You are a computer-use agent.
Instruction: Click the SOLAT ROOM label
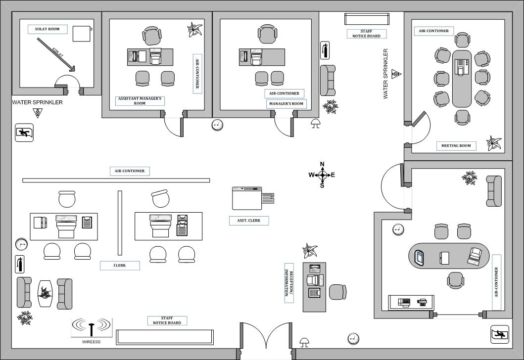point(47,29)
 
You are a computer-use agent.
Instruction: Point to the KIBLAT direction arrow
point(55,53)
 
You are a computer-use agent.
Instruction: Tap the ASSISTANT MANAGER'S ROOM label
point(140,101)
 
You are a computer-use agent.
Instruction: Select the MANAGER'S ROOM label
point(286,104)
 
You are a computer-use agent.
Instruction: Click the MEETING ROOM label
point(456,146)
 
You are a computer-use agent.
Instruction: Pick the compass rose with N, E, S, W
point(322,175)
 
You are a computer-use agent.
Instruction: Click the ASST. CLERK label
point(249,221)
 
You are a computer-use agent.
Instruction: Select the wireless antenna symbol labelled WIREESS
point(92,327)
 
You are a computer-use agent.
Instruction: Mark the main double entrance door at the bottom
point(266,341)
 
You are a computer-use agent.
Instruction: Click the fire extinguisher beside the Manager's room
point(325,50)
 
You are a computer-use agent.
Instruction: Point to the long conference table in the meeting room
point(462,78)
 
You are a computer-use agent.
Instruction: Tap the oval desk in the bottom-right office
point(449,257)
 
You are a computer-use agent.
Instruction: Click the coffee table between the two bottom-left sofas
point(45,293)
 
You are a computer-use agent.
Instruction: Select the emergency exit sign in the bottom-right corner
point(500,334)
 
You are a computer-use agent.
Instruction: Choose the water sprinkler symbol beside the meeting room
point(396,74)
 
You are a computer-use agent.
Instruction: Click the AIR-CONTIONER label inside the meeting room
point(433,31)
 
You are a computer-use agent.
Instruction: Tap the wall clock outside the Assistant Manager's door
point(217,125)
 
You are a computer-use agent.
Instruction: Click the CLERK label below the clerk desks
point(120,266)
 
